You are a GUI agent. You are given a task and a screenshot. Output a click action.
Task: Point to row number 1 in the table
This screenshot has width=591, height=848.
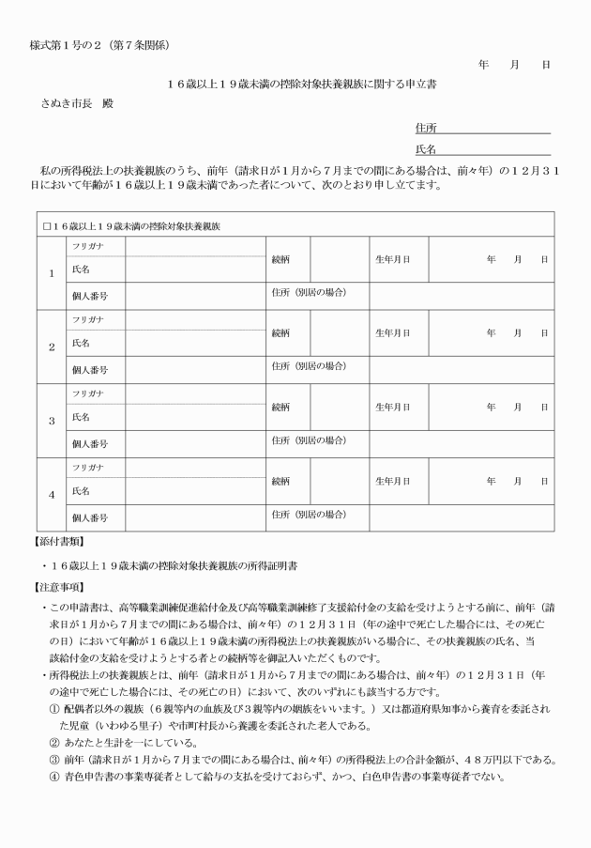tap(52, 273)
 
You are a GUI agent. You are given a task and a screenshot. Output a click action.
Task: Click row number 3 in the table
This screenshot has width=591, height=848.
tap(52, 421)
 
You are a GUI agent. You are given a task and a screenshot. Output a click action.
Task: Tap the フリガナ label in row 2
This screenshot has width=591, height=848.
tap(87, 318)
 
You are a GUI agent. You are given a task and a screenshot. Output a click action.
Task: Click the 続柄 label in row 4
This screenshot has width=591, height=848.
tap(281, 480)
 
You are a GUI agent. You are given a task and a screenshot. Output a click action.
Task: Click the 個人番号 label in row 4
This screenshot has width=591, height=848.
tap(90, 517)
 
